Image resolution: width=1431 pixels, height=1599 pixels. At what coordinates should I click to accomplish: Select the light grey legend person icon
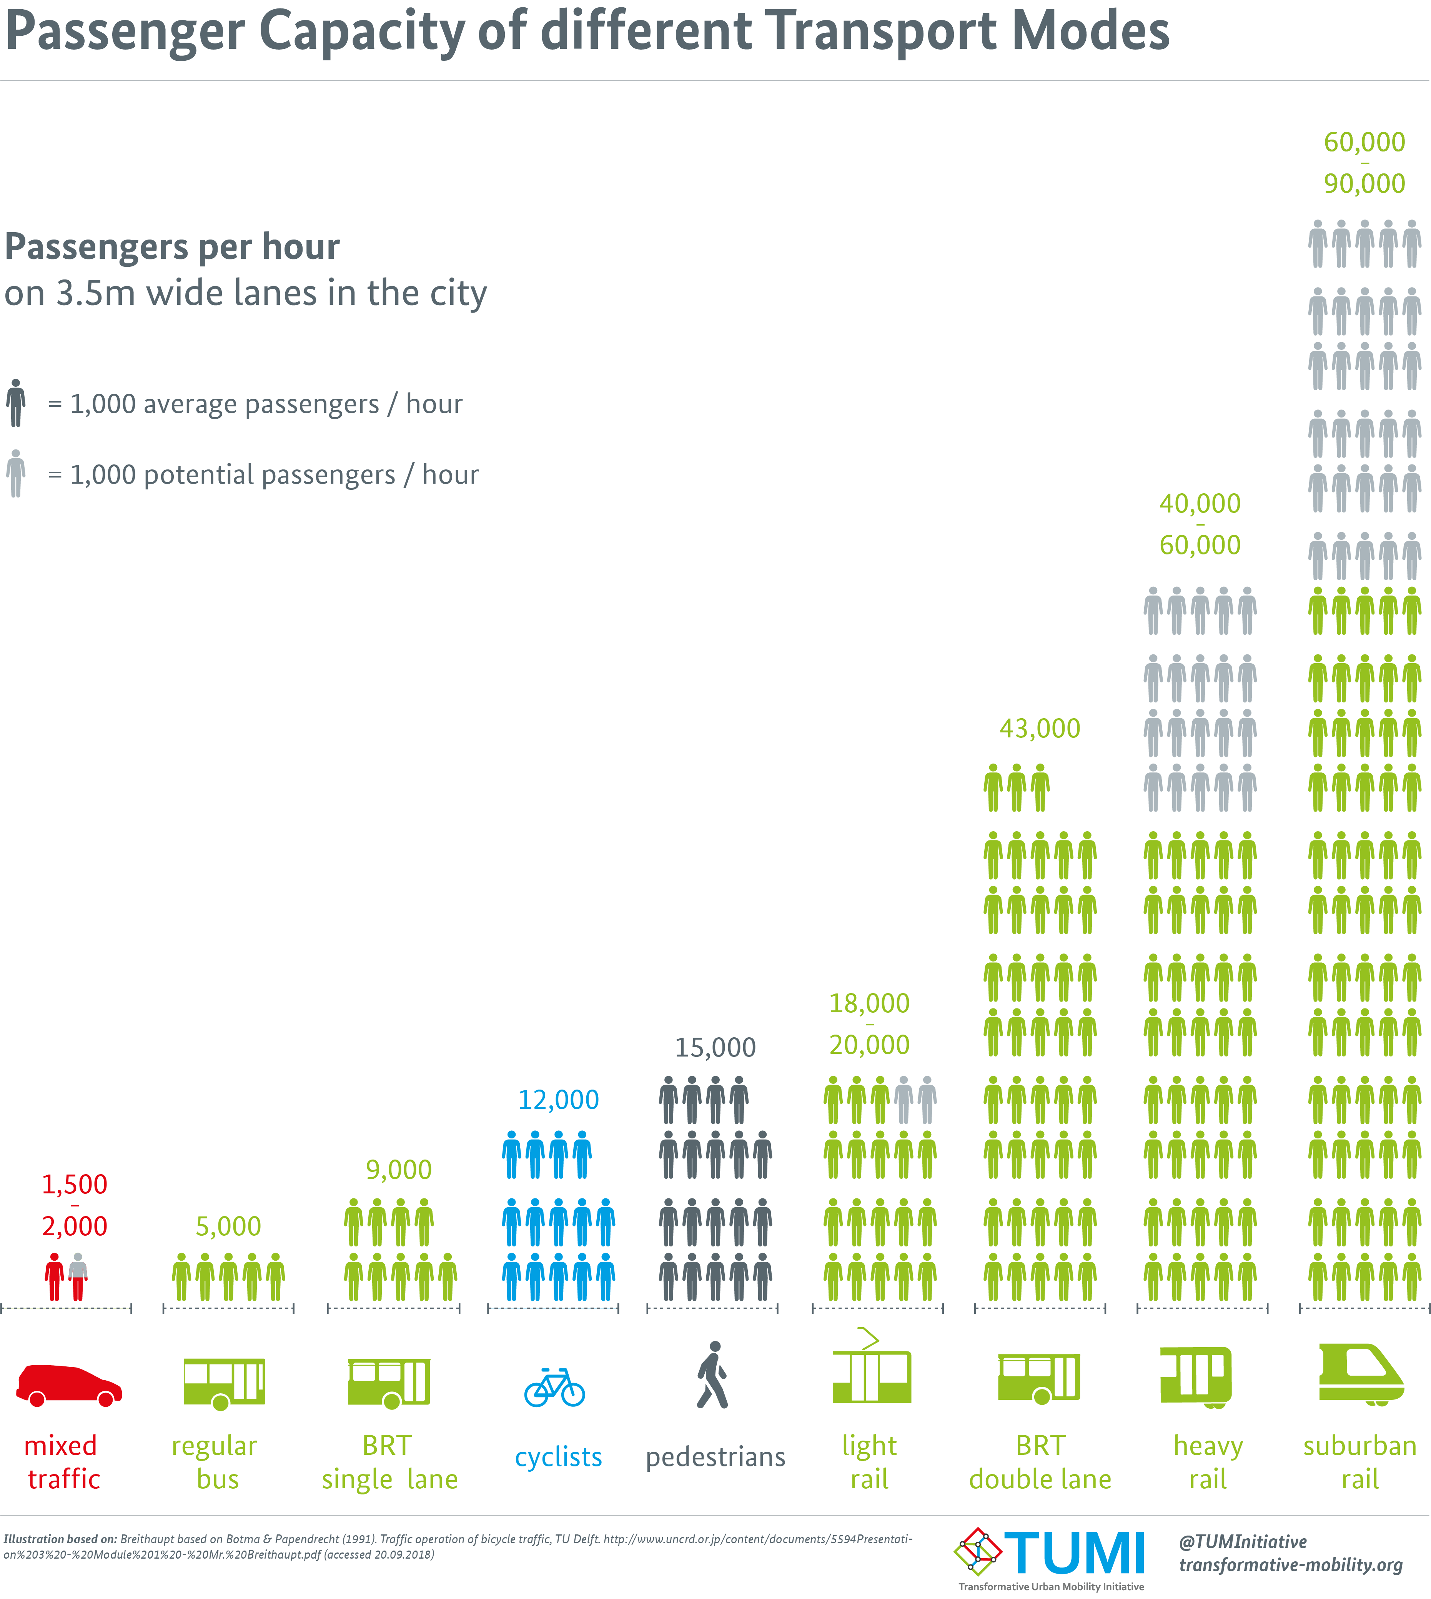click(16, 473)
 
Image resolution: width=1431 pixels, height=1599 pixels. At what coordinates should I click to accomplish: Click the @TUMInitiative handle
click(1242, 1542)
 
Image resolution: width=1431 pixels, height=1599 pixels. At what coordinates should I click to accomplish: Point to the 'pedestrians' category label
click(715, 1457)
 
